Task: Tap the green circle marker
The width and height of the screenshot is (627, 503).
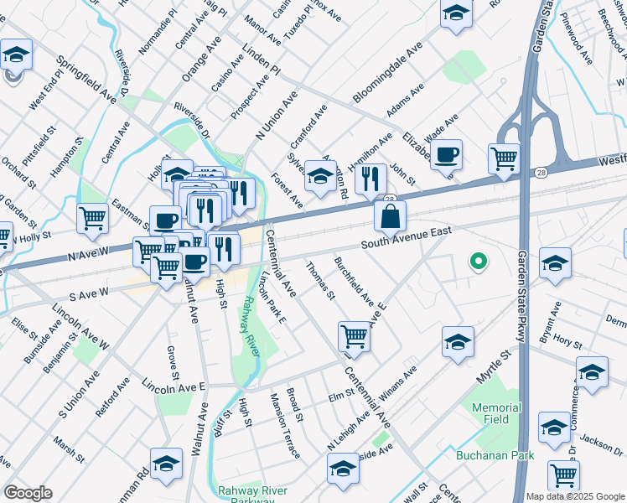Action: click(478, 262)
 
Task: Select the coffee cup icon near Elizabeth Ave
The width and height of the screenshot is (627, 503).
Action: click(448, 154)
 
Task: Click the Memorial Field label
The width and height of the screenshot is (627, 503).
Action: click(496, 413)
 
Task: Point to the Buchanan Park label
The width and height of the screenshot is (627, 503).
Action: click(495, 455)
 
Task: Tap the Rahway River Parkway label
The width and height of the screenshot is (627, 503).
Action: click(252, 495)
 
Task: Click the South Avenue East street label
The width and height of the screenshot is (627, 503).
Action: click(407, 237)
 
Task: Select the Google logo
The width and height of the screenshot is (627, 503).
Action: click(28, 493)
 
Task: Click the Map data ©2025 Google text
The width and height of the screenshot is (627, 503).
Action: click(570, 496)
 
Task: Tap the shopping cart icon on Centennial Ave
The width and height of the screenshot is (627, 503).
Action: click(355, 337)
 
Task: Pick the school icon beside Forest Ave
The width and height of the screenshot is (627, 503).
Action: click(320, 176)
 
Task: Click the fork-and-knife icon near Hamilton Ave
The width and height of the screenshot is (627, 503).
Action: click(370, 179)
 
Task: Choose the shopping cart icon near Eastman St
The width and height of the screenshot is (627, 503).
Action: click(93, 219)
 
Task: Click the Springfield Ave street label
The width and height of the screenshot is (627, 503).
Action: click(86, 80)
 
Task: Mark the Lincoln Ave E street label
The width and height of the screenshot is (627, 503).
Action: click(174, 386)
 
